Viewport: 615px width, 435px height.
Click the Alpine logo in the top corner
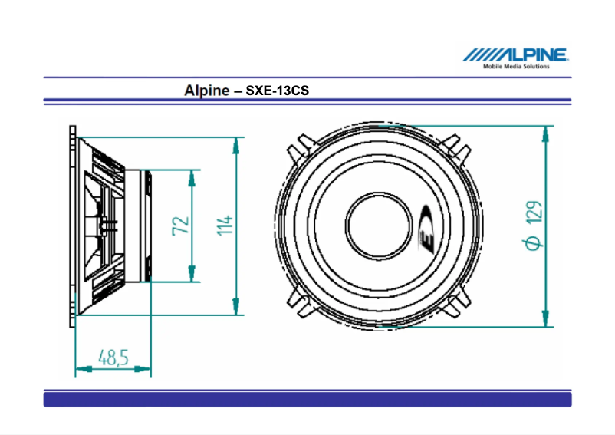click(x=515, y=54)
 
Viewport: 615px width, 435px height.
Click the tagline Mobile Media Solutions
click(x=516, y=67)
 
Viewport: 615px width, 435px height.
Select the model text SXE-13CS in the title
click(x=277, y=91)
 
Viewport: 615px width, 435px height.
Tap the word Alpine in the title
click(x=206, y=90)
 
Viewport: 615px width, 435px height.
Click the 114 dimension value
click(x=224, y=226)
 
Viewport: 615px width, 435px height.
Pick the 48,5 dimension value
click(x=113, y=358)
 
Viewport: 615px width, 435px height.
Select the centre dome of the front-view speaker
click(x=380, y=226)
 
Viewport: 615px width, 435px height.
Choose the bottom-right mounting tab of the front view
click(x=458, y=305)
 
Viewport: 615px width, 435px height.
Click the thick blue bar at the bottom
click(x=307, y=399)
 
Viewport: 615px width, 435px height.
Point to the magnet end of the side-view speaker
click(x=146, y=226)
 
